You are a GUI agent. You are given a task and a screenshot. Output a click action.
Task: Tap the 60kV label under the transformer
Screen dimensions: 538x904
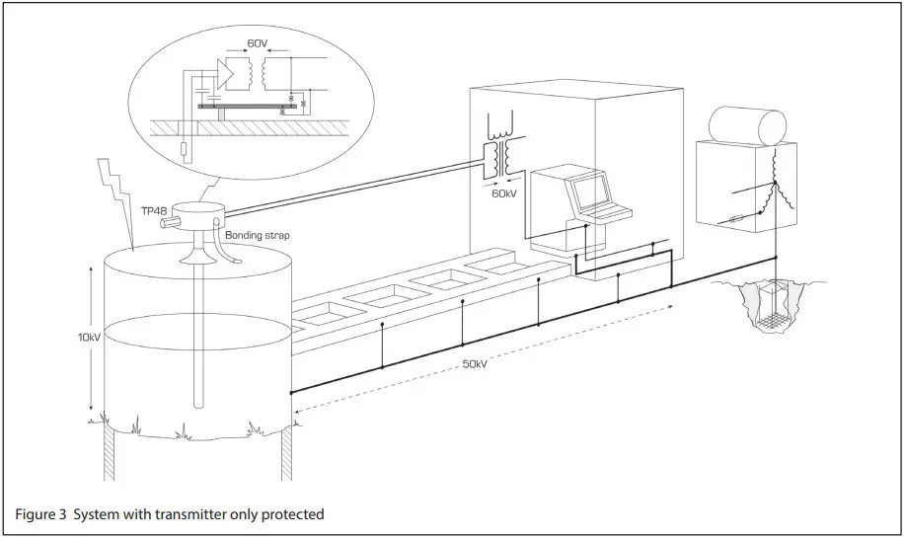(x=504, y=193)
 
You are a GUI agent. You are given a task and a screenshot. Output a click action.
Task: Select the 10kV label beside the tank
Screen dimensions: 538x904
(x=89, y=337)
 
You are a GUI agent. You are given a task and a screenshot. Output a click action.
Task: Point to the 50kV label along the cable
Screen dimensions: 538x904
(x=475, y=364)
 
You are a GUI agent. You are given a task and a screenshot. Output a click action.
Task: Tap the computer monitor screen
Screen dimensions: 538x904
(x=592, y=190)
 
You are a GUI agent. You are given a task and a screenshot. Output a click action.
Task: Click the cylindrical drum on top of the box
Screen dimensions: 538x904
(x=747, y=125)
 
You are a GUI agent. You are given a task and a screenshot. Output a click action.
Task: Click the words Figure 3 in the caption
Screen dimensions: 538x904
(x=39, y=514)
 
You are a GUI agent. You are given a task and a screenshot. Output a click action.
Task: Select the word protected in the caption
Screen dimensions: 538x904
(x=291, y=514)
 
